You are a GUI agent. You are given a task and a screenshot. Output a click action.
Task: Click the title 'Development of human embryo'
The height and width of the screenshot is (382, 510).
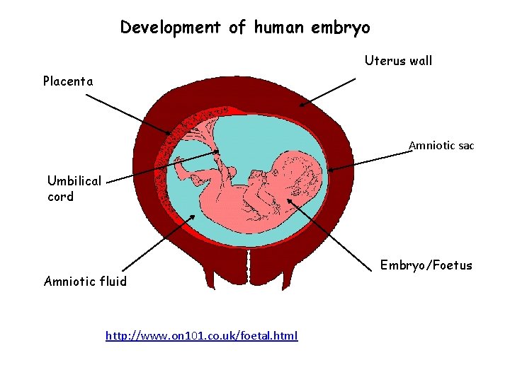coord(244,28)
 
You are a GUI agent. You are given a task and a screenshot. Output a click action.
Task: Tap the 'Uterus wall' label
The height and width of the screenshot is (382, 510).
coord(398,61)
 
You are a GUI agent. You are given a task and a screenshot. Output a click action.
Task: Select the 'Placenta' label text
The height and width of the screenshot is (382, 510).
coord(68,81)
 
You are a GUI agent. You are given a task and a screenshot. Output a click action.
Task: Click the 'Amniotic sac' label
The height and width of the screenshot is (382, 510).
coord(441,146)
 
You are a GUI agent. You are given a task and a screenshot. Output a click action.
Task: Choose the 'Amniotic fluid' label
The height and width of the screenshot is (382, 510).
coord(85,282)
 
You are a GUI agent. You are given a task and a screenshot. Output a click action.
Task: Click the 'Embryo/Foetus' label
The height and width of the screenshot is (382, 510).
coord(426,265)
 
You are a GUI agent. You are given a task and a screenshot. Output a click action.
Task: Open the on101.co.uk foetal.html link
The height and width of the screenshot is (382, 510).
coord(201,335)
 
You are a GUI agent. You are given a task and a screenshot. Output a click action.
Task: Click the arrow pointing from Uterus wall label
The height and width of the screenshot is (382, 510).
coord(329,91)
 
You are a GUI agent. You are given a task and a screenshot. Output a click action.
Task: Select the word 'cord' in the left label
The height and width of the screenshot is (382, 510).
coord(61,197)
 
